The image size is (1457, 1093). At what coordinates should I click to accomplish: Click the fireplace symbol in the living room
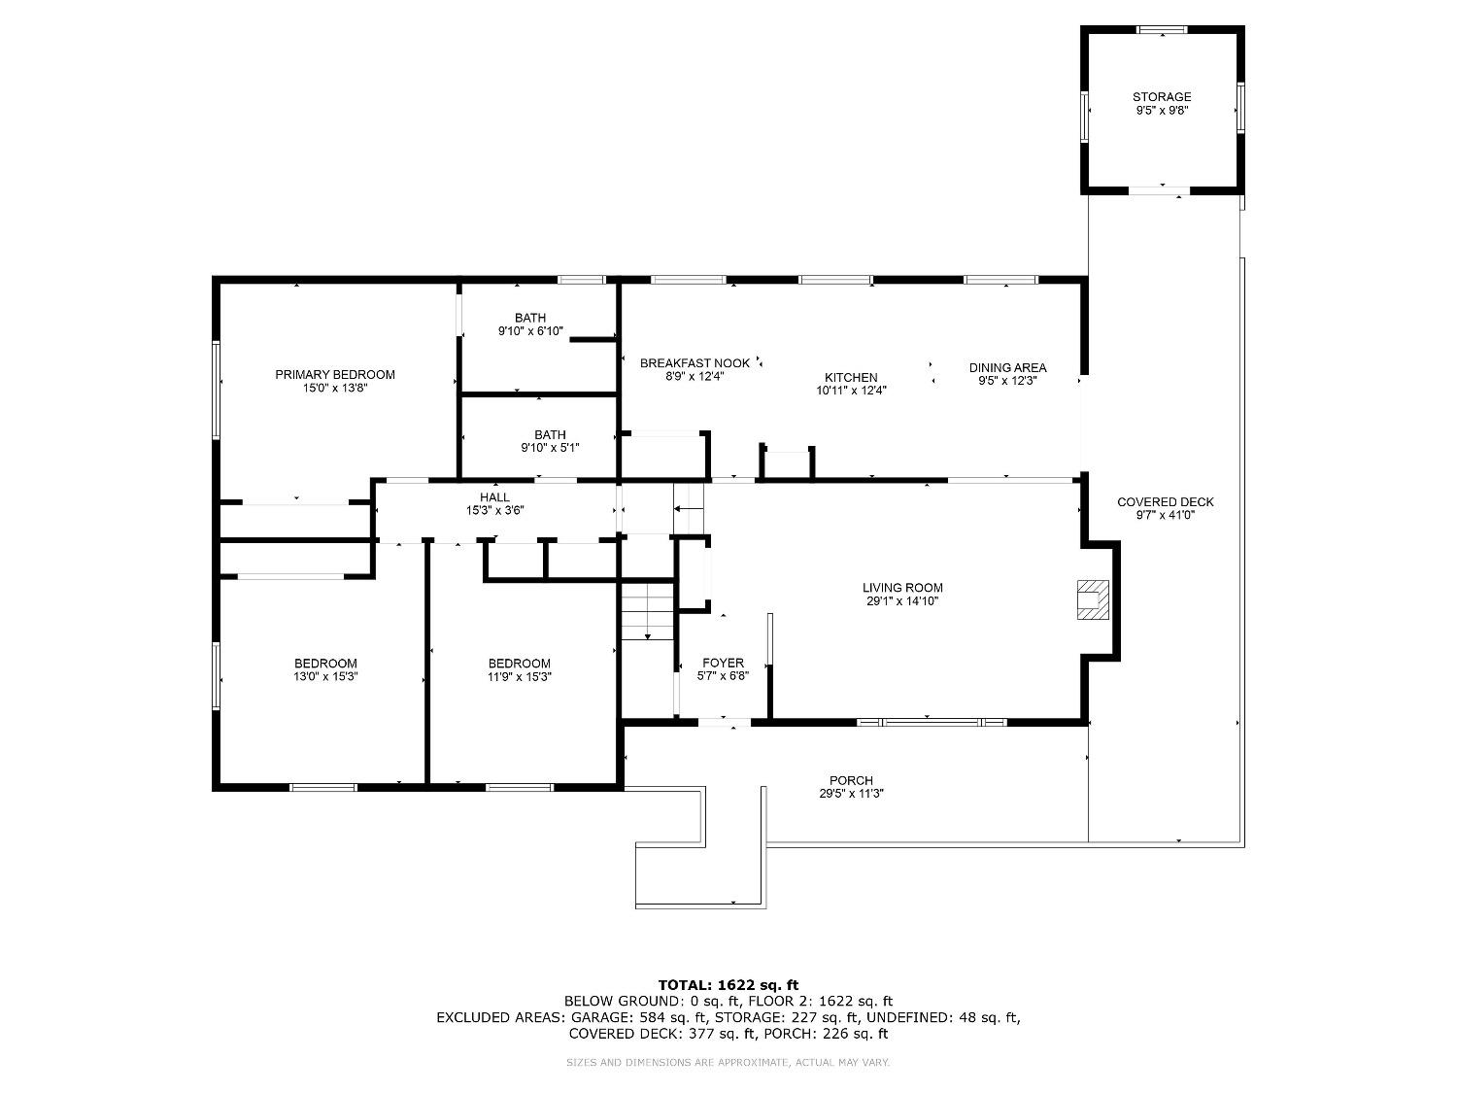1092,599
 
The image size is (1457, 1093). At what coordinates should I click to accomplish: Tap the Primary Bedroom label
335,375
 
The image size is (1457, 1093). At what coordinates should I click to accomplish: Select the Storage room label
1161,97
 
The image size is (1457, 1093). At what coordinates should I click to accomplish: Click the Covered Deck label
1165,502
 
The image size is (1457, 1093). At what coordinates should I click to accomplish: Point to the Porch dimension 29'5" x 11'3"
851,794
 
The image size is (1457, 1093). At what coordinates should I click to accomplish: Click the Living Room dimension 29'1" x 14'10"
902,601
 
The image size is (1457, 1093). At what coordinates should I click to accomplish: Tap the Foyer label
723,664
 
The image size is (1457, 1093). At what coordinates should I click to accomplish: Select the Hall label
494,497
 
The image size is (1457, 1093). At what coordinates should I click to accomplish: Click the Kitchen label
851,378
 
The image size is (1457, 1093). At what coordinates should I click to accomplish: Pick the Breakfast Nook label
695,363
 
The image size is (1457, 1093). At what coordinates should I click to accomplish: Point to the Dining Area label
1007,367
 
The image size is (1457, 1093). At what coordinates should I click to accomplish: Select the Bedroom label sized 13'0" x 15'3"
325,664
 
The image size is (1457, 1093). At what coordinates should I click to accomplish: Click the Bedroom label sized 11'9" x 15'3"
520,664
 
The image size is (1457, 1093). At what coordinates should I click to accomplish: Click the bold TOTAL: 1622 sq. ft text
728,985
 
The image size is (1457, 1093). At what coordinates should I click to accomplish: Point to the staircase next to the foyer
647,612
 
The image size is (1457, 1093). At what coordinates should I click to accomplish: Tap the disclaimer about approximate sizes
728,1063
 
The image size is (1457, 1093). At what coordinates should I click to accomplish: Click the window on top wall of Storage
1162,30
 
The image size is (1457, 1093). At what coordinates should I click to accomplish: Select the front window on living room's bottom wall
932,722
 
